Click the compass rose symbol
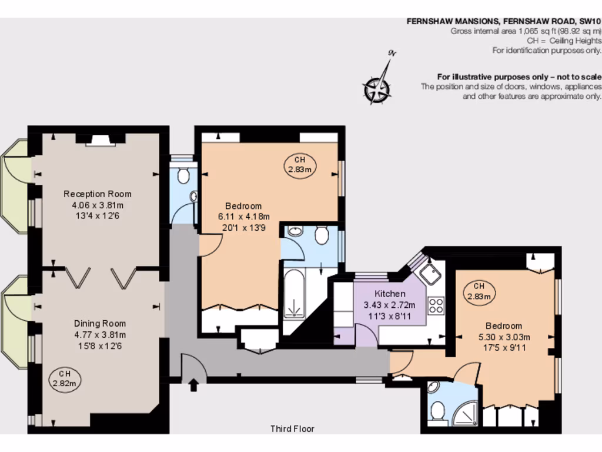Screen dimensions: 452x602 click(376, 90)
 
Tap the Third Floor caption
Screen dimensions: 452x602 click(292, 429)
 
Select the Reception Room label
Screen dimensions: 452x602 click(98, 194)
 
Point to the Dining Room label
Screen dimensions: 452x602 click(100, 323)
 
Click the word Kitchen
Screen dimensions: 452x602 click(390, 294)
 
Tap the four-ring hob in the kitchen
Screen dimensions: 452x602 click(436, 305)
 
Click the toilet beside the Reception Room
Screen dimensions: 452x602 click(183, 175)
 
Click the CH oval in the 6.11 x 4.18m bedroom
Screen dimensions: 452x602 click(300, 165)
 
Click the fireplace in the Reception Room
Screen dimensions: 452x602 click(100, 139)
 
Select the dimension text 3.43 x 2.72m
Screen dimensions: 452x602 click(390, 305)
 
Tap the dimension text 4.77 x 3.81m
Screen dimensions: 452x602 click(100, 335)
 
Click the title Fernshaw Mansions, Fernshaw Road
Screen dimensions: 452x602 click(504, 21)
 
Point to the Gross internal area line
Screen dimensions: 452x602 click(526, 31)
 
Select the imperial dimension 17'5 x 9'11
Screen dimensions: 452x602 click(503, 348)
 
